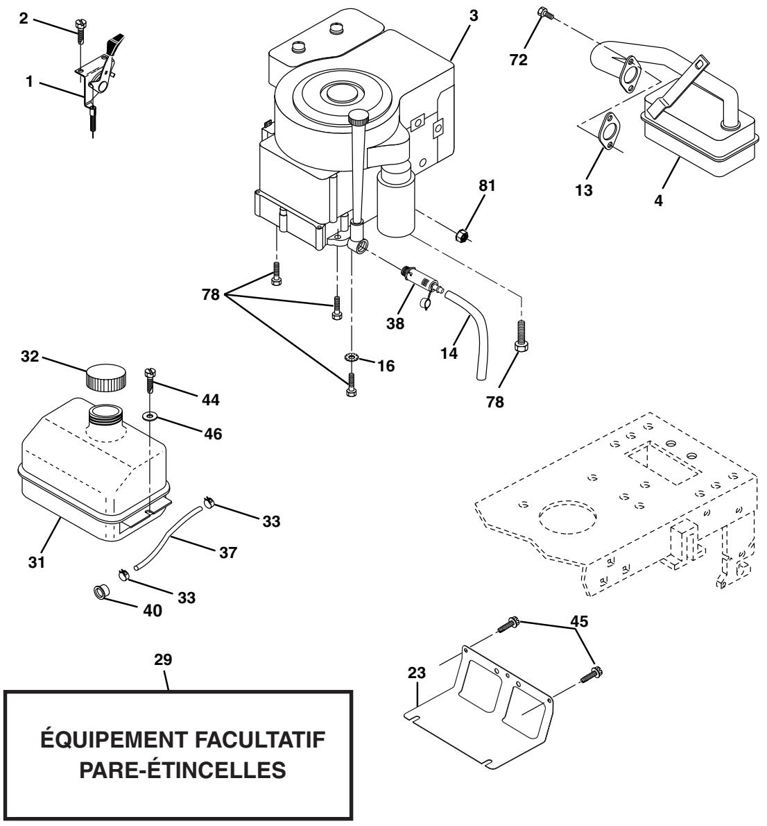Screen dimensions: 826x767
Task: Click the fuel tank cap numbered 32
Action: (x=106, y=379)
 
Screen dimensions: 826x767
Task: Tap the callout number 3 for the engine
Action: (x=473, y=15)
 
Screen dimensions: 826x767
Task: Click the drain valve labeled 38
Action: (x=421, y=285)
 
